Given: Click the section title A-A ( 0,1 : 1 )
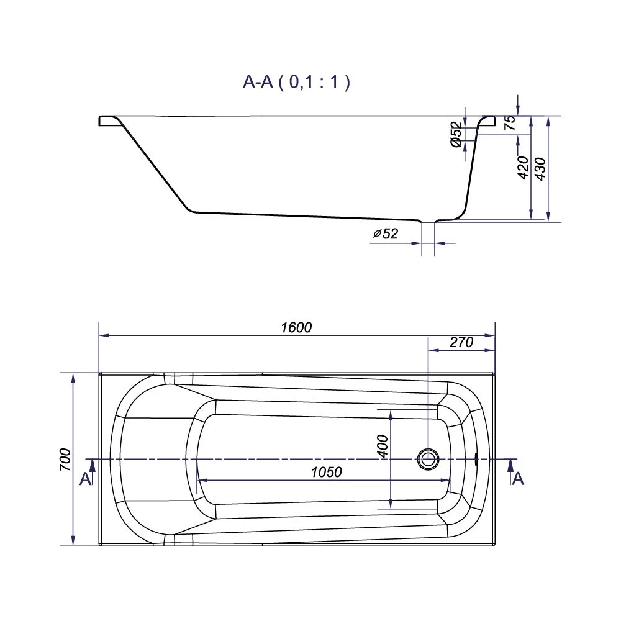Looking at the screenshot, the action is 296,82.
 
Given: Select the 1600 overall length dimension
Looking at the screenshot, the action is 296,327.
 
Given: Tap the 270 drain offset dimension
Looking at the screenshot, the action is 461,342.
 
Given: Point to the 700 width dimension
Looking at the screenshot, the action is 65,460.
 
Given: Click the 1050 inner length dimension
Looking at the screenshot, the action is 327,472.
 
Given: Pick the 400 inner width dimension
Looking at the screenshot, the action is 383,446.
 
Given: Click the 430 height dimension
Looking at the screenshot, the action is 540,169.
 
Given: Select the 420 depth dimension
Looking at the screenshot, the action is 523,168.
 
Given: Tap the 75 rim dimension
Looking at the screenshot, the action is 510,122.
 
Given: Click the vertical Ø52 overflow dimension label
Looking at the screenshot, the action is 456,135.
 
